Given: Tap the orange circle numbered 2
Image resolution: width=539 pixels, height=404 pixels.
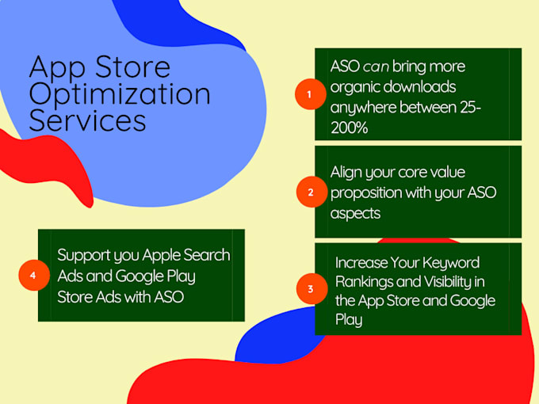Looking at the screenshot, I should click(310, 192).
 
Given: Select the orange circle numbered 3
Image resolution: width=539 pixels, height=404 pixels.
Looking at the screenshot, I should click(310, 289).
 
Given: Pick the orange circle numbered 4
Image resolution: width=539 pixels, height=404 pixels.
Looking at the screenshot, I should click(32, 275).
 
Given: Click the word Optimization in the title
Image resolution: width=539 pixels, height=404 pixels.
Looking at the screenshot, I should click(120, 94).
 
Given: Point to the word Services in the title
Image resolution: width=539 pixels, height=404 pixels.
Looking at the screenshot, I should click(87, 121).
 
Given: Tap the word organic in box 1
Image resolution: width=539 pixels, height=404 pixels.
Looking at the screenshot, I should click(356, 86).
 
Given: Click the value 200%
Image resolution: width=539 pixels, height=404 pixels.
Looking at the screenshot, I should click(349, 128).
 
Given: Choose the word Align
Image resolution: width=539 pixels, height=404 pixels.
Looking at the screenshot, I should click(347, 173).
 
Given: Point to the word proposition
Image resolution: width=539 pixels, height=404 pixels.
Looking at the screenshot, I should click(369, 193).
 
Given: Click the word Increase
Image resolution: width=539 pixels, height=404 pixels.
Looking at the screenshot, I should click(361, 261).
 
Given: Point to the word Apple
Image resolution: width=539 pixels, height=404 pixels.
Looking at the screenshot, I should click(162, 255).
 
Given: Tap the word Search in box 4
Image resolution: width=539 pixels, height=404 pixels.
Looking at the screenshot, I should click(207, 255).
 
